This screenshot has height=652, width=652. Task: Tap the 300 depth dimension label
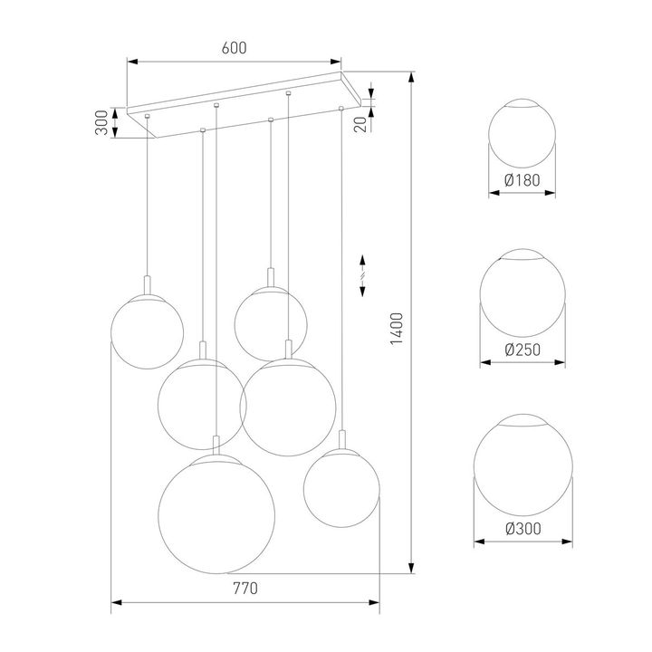click(102, 122)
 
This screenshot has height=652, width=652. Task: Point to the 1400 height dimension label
click(396, 331)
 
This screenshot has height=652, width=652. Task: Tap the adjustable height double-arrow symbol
click(362, 273)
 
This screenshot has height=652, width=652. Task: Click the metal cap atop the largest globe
click(216, 445)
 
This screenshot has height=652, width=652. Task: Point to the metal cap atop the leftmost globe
click(147, 282)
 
